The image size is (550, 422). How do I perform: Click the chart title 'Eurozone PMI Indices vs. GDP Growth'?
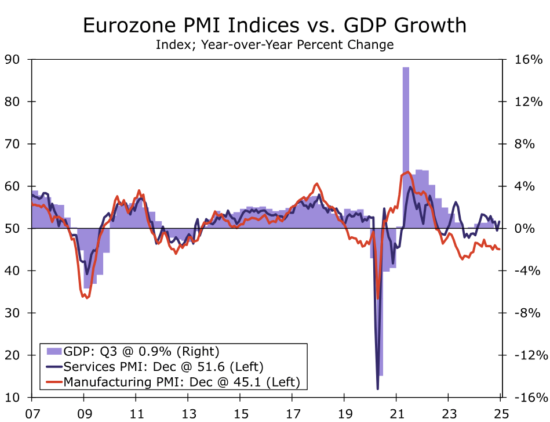click(x=275, y=25)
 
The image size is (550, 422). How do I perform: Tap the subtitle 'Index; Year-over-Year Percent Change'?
click(x=275, y=44)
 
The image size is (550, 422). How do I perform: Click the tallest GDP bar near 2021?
click(x=406, y=145)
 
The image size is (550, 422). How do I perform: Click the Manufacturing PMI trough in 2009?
click(x=87, y=298)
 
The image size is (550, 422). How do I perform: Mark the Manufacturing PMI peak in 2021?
click(x=407, y=172)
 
